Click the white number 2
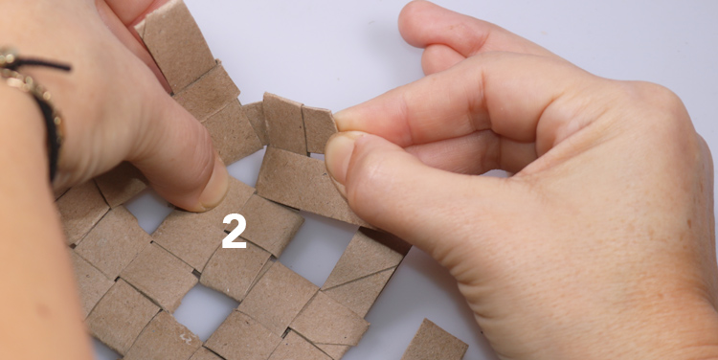235,232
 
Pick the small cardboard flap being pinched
319,129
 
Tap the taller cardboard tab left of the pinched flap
284,123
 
